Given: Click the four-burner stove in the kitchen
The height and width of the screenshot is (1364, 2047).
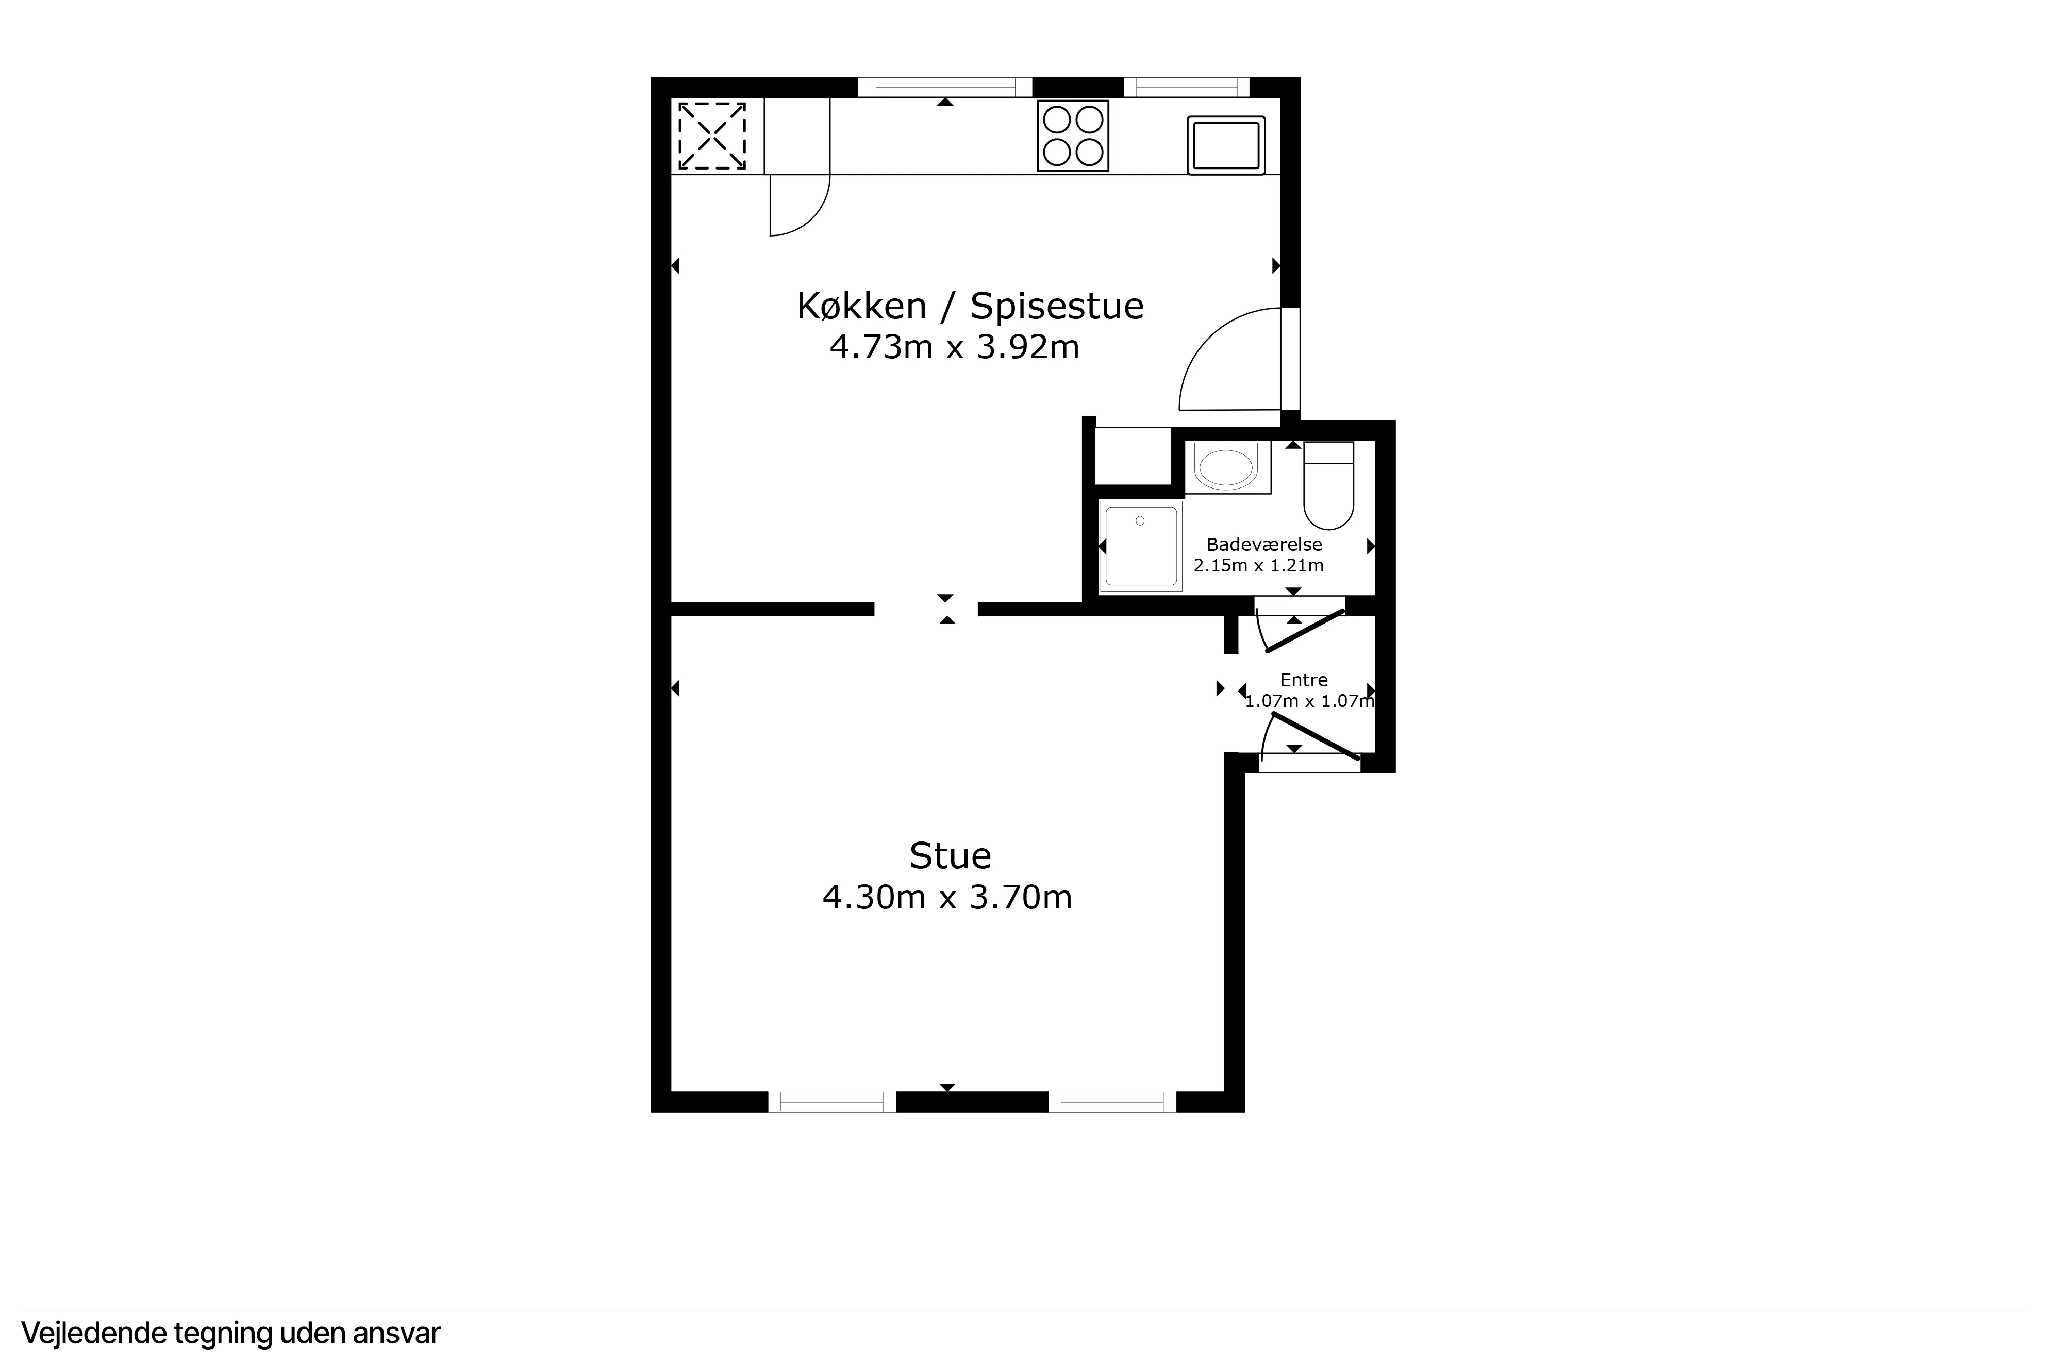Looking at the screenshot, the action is point(1073,136).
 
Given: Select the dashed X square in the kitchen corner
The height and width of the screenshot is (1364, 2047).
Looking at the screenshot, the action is point(711,136).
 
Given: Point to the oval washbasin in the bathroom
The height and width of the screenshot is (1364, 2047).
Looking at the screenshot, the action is point(1227,467).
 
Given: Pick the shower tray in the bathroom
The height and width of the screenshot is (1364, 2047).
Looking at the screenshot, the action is point(1140,545).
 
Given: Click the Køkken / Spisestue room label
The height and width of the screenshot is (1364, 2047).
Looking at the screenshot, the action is point(970,306).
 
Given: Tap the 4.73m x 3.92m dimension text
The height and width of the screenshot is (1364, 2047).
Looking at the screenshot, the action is point(954,347).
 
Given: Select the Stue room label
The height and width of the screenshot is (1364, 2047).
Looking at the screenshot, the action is point(950,856).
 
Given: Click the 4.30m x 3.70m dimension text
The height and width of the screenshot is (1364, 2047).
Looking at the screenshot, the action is point(947,897).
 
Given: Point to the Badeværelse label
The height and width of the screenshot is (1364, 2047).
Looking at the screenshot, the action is point(1264,545).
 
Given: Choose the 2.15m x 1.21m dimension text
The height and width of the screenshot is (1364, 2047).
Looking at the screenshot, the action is point(1259,565).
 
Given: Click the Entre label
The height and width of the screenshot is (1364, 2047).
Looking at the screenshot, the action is point(1304,680).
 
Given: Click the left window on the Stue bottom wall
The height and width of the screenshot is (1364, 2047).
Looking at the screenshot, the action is point(831,1101).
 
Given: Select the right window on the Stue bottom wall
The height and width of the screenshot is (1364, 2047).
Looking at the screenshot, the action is point(1112,1101).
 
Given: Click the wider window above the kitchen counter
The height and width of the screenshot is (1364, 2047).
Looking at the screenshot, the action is point(945,87).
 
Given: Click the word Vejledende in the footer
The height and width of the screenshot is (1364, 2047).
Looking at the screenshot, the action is point(94,1333).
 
